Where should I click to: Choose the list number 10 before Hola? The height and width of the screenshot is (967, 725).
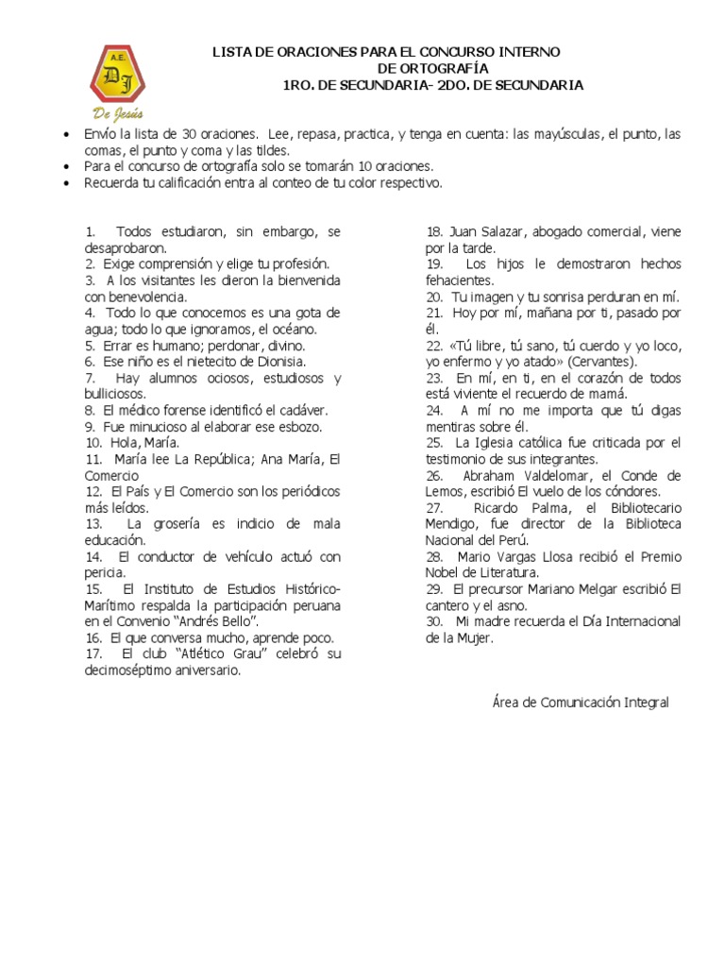93,443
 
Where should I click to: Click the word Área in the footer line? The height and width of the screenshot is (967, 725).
507,702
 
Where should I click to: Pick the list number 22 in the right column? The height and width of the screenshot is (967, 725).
434,346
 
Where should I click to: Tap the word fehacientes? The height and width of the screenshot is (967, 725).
459,280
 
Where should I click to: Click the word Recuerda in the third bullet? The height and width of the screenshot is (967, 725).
111,182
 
